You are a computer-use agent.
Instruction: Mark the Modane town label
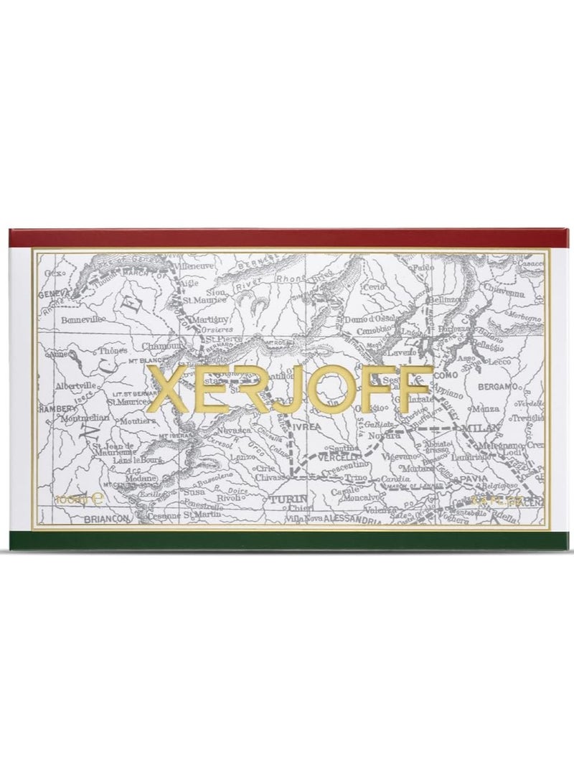pos(140,478)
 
